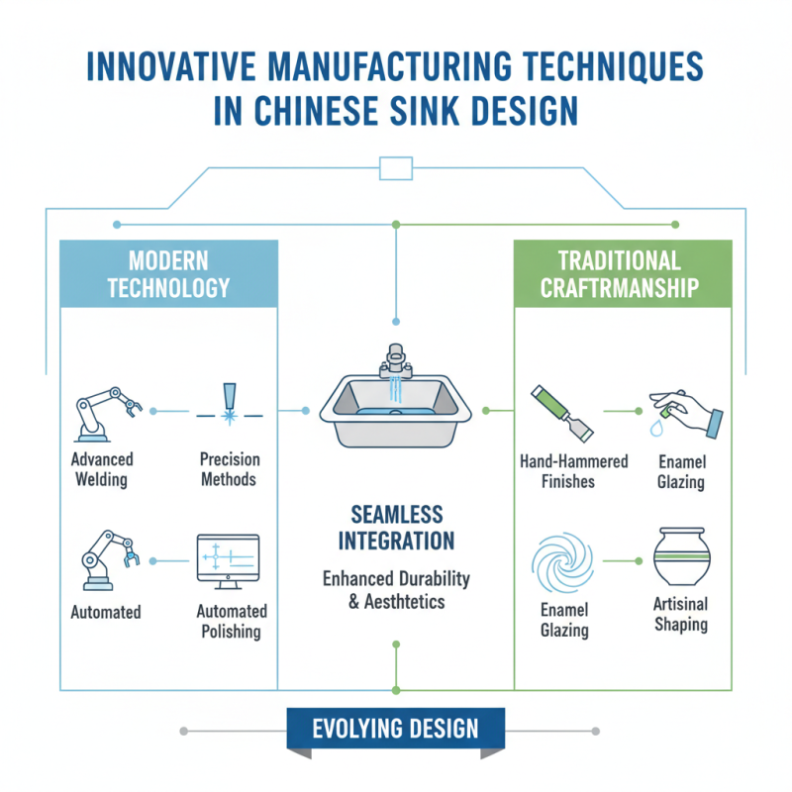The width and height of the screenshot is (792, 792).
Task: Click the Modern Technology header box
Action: [x=168, y=274]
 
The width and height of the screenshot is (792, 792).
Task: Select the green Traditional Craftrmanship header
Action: [x=623, y=274]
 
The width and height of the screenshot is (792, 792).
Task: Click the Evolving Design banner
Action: [x=395, y=730]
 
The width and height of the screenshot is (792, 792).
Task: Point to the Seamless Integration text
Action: [x=396, y=528]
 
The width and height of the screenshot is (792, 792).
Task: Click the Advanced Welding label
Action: [x=102, y=470]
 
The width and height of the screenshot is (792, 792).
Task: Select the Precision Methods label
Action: [x=229, y=470]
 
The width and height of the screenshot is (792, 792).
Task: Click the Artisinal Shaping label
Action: [x=681, y=613]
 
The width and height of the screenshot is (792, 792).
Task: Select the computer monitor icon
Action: [x=229, y=560]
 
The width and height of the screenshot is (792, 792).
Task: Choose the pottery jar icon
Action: [x=681, y=556]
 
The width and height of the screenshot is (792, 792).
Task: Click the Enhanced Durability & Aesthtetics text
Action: [x=396, y=589]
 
